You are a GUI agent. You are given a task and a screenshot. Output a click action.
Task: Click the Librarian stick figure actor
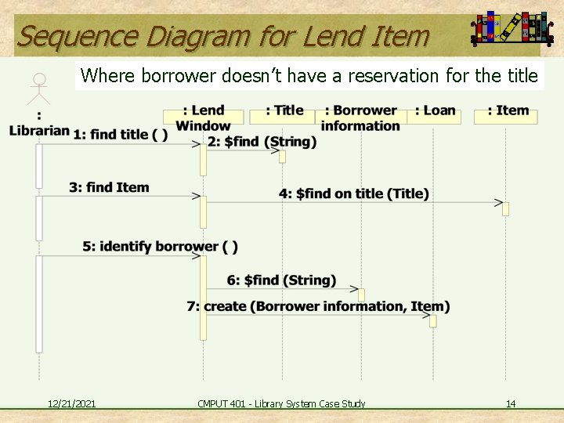coord(38,89)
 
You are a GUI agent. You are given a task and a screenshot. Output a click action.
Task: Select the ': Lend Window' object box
coord(203,117)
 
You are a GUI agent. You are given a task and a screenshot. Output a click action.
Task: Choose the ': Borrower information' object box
coord(360,117)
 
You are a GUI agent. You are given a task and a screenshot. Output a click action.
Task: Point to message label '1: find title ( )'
coord(120,135)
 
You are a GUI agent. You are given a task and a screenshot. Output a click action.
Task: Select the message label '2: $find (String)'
coord(262,142)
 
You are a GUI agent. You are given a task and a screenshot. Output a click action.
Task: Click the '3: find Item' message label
coord(108,187)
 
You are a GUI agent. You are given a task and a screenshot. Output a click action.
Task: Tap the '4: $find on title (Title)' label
coord(354,193)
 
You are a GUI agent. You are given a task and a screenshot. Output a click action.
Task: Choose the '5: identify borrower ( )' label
coord(160,247)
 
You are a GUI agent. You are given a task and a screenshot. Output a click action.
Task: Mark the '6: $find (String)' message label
coord(281,280)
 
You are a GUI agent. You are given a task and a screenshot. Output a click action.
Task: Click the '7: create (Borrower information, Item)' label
coord(318,306)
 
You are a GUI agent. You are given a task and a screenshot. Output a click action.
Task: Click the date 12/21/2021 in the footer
coord(71,403)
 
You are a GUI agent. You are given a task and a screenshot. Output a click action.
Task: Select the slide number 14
coord(511,403)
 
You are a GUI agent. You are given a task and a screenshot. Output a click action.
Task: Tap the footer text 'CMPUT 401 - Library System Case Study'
coord(281,403)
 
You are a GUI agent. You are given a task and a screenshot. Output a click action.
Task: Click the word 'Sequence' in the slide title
coord(67,36)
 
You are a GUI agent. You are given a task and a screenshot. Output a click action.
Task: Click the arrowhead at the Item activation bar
coord(498,202)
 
